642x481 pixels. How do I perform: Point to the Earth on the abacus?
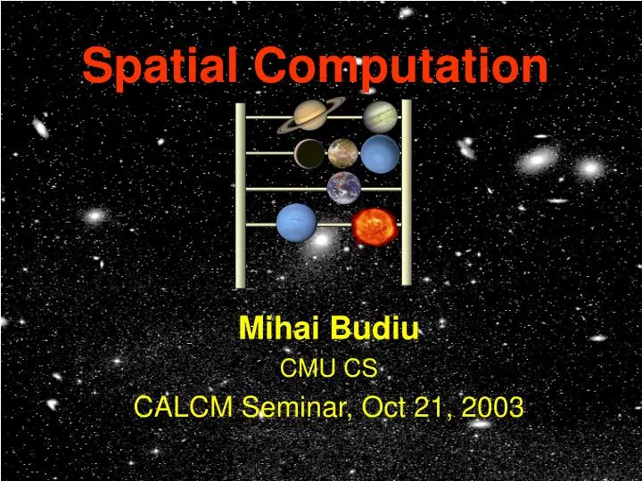pos(344,188)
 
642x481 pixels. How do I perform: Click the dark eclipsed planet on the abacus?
pos(310,154)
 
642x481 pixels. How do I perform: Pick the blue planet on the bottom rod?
pos(296,223)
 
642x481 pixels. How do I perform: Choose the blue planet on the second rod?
pos(380,153)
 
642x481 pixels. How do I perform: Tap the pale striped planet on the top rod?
pos(381,117)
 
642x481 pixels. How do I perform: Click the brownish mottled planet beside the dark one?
pos(343,153)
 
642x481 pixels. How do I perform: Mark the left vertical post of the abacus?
pos(240,196)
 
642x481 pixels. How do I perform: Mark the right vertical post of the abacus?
pos(407,192)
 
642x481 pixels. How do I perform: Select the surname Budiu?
pos(374,330)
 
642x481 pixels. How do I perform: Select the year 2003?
pos(492,407)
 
